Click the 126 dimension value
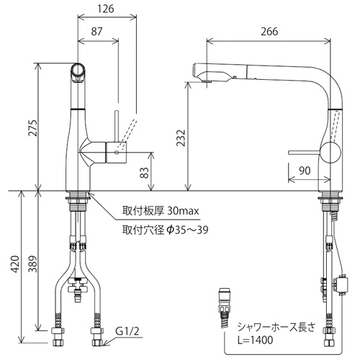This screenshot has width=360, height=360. (x=106, y=9)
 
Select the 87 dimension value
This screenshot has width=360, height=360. (x=96, y=32)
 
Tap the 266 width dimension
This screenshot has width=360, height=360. (x=270, y=32)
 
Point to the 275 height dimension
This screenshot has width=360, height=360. (x=33, y=128)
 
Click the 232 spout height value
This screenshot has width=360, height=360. (x=181, y=138)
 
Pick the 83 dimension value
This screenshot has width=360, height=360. (x=145, y=172)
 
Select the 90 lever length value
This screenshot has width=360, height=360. (x=305, y=171)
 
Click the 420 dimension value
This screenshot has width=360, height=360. (x=15, y=264)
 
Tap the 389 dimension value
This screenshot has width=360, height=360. (x=33, y=264)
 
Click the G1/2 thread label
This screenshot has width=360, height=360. (x=127, y=332)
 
